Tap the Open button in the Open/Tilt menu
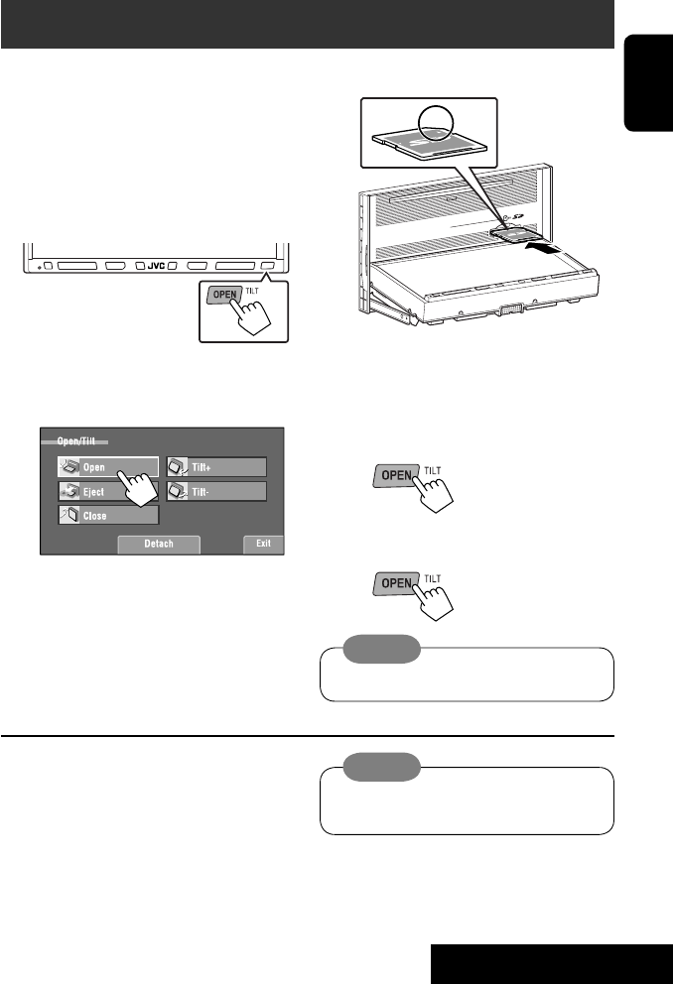coord(98,467)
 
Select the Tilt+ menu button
coord(216,467)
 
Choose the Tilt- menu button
coord(216,492)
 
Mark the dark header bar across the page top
coord(308,25)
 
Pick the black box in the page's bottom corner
coord(551,961)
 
